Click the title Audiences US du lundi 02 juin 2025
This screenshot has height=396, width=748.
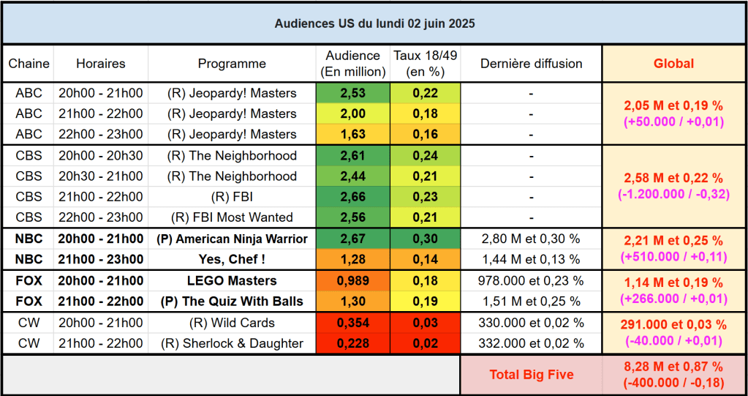click(x=374, y=23)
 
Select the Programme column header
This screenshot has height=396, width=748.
click(x=232, y=64)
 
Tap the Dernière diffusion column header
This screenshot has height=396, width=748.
click(x=531, y=64)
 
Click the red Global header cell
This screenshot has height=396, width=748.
click(x=673, y=64)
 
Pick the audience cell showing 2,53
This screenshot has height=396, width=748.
click(x=352, y=93)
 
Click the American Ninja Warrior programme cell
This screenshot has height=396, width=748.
click(x=232, y=239)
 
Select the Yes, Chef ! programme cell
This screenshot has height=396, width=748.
click(x=232, y=259)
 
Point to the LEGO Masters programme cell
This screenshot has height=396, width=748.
click(x=232, y=281)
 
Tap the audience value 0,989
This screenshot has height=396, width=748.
click(x=352, y=281)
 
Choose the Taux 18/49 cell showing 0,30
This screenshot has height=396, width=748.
click(x=425, y=239)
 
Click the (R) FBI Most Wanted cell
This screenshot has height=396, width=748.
click(x=232, y=217)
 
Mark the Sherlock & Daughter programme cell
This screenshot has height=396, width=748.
click(x=232, y=343)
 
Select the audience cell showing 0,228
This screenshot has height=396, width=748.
click(x=352, y=343)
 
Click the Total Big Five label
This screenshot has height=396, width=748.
click(x=531, y=375)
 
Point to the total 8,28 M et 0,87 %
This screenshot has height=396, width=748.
click(x=673, y=367)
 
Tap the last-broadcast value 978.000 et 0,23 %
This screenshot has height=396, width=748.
click(x=531, y=281)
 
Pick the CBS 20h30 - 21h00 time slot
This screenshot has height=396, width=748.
click(x=100, y=176)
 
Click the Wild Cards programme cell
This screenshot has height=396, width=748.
click(x=232, y=323)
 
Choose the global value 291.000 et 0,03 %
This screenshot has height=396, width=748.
click(x=673, y=325)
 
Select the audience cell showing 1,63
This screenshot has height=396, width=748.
click(x=352, y=134)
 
